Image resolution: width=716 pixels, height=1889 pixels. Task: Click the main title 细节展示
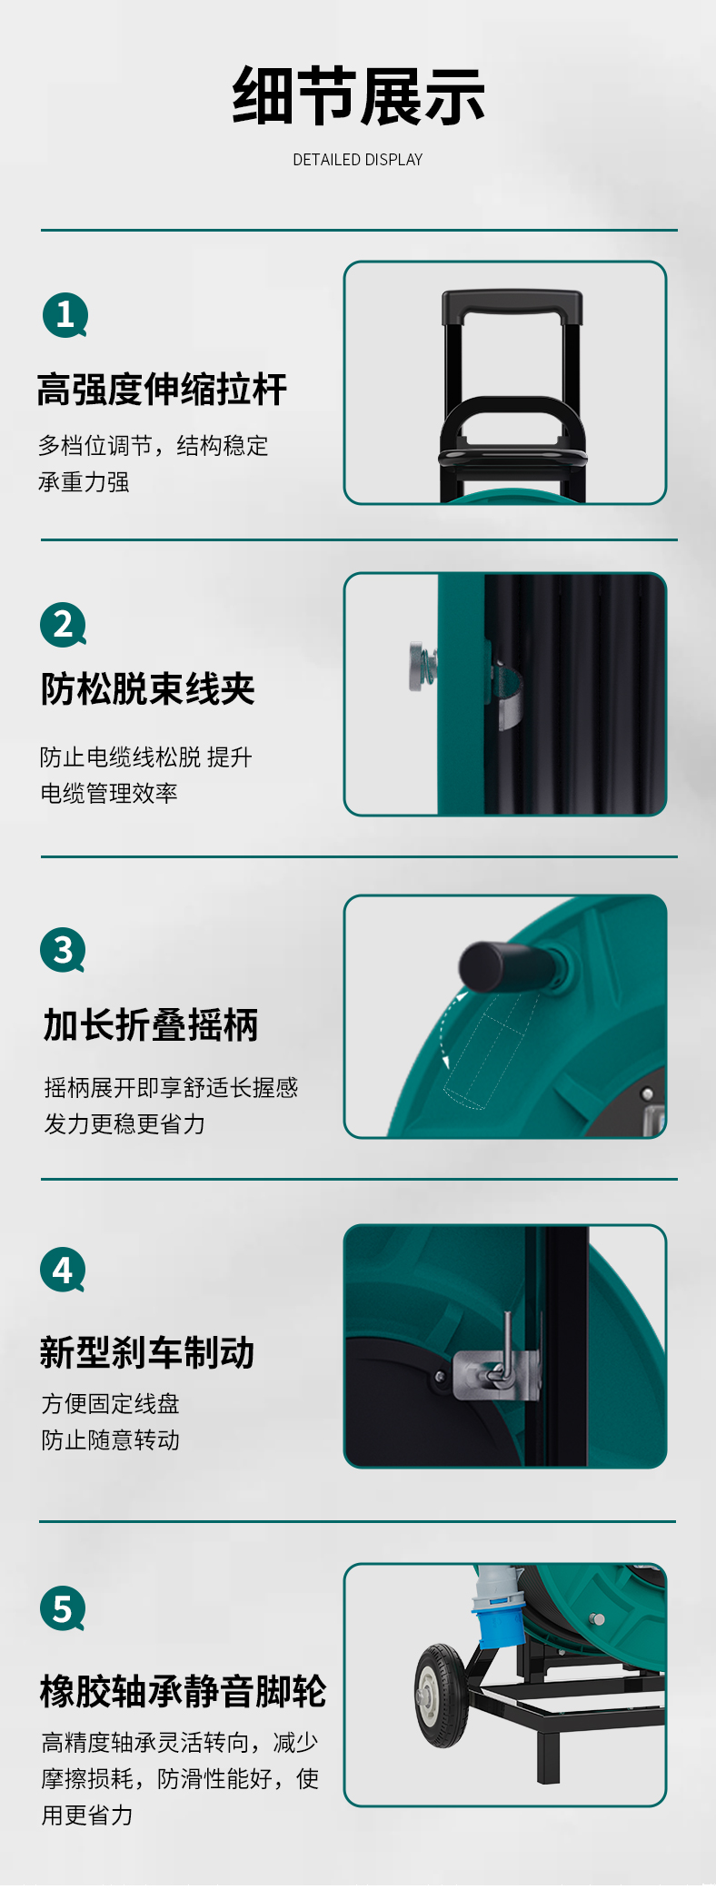pyautogui.click(x=358, y=96)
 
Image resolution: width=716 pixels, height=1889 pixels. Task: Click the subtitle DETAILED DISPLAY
pyautogui.click(x=358, y=160)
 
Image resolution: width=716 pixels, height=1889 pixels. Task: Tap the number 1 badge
pyautogui.click(x=65, y=315)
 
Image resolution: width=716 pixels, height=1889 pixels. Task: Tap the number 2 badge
pyautogui.click(x=63, y=625)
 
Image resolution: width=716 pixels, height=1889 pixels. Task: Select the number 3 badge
pyautogui.click(x=63, y=950)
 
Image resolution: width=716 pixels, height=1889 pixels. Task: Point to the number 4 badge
pyautogui.click(x=63, y=1270)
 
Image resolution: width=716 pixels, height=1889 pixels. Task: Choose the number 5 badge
pyautogui.click(x=63, y=1608)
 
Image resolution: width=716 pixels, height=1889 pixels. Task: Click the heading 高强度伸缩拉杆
pyautogui.click(x=162, y=390)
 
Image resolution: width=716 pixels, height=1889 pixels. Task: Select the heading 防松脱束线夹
pyautogui.click(x=147, y=689)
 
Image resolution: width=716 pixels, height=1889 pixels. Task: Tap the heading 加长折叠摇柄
pyautogui.click(x=151, y=1025)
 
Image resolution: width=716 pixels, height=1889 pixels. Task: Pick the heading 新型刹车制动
pyautogui.click(x=147, y=1352)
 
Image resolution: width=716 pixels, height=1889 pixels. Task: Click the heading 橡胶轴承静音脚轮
pyautogui.click(x=183, y=1691)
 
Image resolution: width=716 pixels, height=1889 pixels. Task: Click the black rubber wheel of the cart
pyautogui.click(x=442, y=1696)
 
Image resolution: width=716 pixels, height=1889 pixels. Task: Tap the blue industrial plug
pyautogui.click(x=496, y=1607)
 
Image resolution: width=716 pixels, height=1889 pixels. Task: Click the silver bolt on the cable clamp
pyautogui.click(x=422, y=667)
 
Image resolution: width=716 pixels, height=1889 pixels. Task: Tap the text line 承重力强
pyautogui.click(x=84, y=482)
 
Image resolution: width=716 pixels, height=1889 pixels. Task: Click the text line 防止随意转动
pyautogui.click(x=110, y=1440)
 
